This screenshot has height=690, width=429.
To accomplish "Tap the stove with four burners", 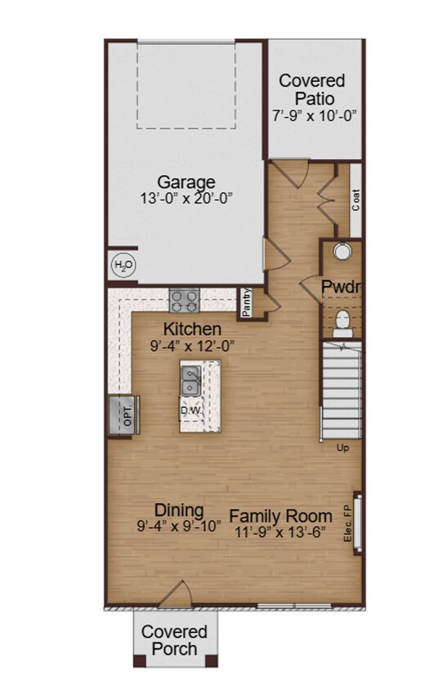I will pyautogui.click(x=185, y=300).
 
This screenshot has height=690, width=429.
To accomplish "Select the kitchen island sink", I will pyautogui.click(x=190, y=380).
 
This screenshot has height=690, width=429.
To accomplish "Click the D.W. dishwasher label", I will pyautogui.click(x=191, y=409).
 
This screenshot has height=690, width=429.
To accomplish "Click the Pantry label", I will pyautogui.click(x=246, y=302).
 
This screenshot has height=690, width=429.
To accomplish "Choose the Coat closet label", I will pyautogui.click(x=355, y=200).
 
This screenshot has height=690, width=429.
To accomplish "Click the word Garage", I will pyautogui.click(x=186, y=181).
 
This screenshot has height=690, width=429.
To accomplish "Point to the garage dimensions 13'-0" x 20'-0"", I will pyautogui.click(x=186, y=198).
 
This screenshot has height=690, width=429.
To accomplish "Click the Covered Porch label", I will pyautogui.click(x=174, y=640).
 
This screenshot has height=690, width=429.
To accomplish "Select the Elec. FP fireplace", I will pyautogui.click(x=356, y=524).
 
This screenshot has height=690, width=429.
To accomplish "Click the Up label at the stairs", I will pyautogui.click(x=345, y=447).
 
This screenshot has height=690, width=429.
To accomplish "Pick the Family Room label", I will pyautogui.click(x=280, y=516).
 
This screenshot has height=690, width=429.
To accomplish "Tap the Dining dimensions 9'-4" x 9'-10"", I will pyautogui.click(x=179, y=526).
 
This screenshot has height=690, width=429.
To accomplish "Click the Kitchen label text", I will pyautogui.click(x=192, y=329).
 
